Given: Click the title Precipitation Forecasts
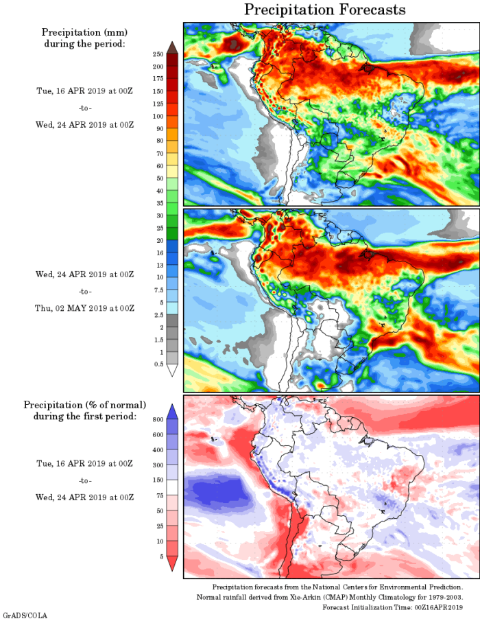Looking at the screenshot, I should click(325, 10).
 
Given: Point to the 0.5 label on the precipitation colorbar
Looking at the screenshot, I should click(158, 364).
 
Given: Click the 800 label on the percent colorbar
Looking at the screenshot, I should click(157, 419).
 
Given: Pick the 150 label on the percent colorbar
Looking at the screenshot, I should click(157, 480).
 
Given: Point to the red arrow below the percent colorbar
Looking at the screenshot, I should click(172, 563).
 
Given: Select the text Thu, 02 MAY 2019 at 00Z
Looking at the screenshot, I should click(84, 308).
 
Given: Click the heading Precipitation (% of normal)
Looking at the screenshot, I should click(84, 405).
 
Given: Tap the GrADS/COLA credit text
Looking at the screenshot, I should click(25, 616).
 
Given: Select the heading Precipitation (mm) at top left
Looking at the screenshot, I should click(84, 32).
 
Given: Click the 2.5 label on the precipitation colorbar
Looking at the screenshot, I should click(158, 314).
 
